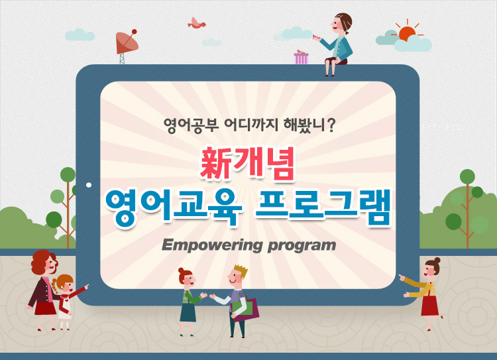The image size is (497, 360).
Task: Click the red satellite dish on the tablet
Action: point(127,43)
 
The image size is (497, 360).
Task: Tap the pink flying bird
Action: point(197,23)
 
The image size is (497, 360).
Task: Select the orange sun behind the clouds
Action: point(407,33)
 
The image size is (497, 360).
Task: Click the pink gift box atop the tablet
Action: point(301,57)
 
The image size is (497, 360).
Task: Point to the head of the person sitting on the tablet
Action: point(342,23)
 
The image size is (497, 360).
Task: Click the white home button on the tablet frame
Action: point(89,185)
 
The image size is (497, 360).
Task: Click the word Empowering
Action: point(212,245)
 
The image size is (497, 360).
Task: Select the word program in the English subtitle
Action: point(302,247)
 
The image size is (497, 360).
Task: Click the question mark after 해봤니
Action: point(331,125)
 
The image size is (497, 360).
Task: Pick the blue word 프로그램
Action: point(323,208)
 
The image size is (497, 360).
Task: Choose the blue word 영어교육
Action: point(174,208)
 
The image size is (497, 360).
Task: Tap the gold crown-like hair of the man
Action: point(241,270)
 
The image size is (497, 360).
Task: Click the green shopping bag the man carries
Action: point(243,308)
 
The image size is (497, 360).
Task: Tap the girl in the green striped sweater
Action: point(190,301)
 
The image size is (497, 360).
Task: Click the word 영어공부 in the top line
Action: point(191,125)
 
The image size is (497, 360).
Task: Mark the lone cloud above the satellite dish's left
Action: point(80,34)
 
